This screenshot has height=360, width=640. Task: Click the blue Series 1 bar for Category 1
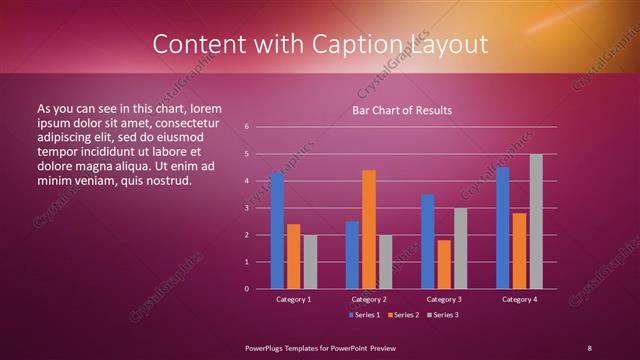(x=277, y=231)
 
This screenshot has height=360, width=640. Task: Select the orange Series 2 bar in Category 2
(x=369, y=229)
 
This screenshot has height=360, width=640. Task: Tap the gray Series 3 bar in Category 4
(x=536, y=221)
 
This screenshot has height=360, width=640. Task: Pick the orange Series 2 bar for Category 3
(x=444, y=264)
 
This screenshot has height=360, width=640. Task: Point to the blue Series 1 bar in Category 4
(x=503, y=228)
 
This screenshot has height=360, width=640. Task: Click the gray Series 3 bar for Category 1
(x=310, y=262)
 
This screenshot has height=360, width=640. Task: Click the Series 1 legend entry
(x=363, y=315)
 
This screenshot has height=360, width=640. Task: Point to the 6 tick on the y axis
(x=246, y=127)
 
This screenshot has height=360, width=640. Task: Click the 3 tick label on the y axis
(x=246, y=208)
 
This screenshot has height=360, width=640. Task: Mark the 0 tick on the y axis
(x=246, y=289)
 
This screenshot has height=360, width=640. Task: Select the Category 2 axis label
(x=369, y=299)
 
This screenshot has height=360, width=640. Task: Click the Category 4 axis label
(x=519, y=299)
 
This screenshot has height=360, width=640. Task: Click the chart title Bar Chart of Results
(x=401, y=110)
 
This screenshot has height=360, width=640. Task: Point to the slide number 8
(x=589, y=347)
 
